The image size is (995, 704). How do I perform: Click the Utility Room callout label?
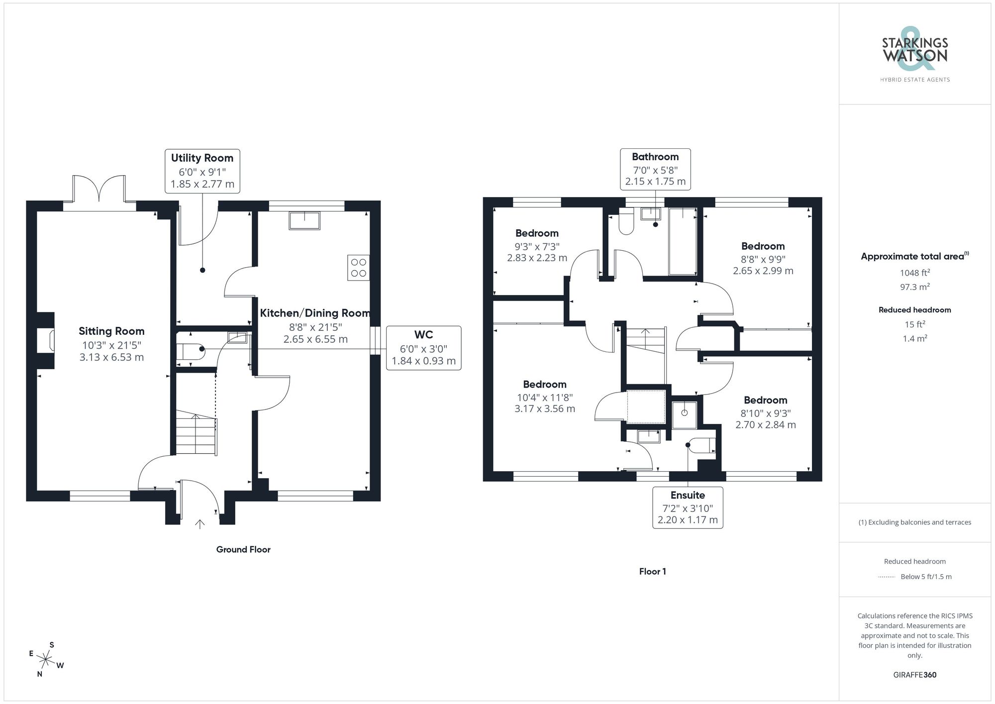click(x=202, y=171)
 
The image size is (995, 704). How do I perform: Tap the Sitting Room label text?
click(x=111, y=331)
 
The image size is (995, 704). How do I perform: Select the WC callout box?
click(x=423, y=348)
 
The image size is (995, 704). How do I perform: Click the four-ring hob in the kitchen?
click(x=358, y=268)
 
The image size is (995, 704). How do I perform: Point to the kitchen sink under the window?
click(x=304, y=220)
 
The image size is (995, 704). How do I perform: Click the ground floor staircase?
click(x=196, y=432)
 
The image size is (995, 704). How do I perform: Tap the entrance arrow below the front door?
click(x=200, y=524)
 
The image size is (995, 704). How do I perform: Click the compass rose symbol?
click(x=46, y=660)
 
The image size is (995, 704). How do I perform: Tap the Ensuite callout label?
click(x=688, y=507)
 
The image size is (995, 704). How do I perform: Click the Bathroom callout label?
click(x=655, y=169)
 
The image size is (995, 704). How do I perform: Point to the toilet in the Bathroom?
click(x=626, y=222)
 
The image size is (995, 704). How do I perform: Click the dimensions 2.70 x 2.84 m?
click(x=766, y=425)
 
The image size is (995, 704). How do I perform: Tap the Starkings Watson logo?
click(x=914, y=56)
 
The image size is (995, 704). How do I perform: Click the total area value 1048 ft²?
click(x=914, y=273)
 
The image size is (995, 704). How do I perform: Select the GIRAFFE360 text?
click(x=914, y=675)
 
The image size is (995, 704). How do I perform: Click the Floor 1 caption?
click(x=652, y=571)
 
